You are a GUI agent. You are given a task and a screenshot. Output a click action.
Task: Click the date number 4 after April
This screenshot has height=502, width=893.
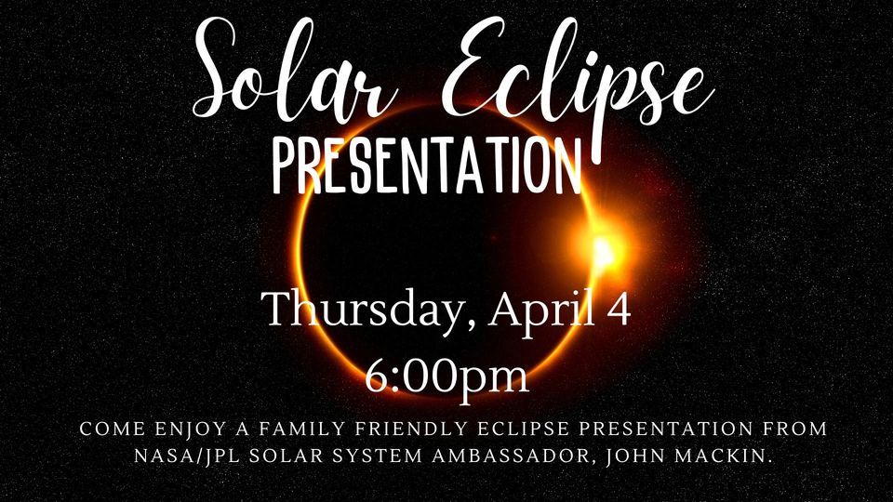620,309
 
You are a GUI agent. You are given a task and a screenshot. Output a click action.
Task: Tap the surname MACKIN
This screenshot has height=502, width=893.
724,456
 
